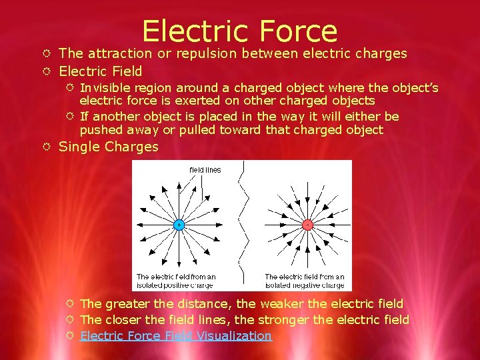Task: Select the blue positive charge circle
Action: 179,225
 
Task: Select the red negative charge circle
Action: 307,225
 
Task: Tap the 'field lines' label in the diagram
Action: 205,170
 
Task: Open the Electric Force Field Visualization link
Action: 176,335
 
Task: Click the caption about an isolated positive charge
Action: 175,281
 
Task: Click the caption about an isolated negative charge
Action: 305,281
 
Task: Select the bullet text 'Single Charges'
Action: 109,147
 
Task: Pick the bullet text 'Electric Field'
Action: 101,71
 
